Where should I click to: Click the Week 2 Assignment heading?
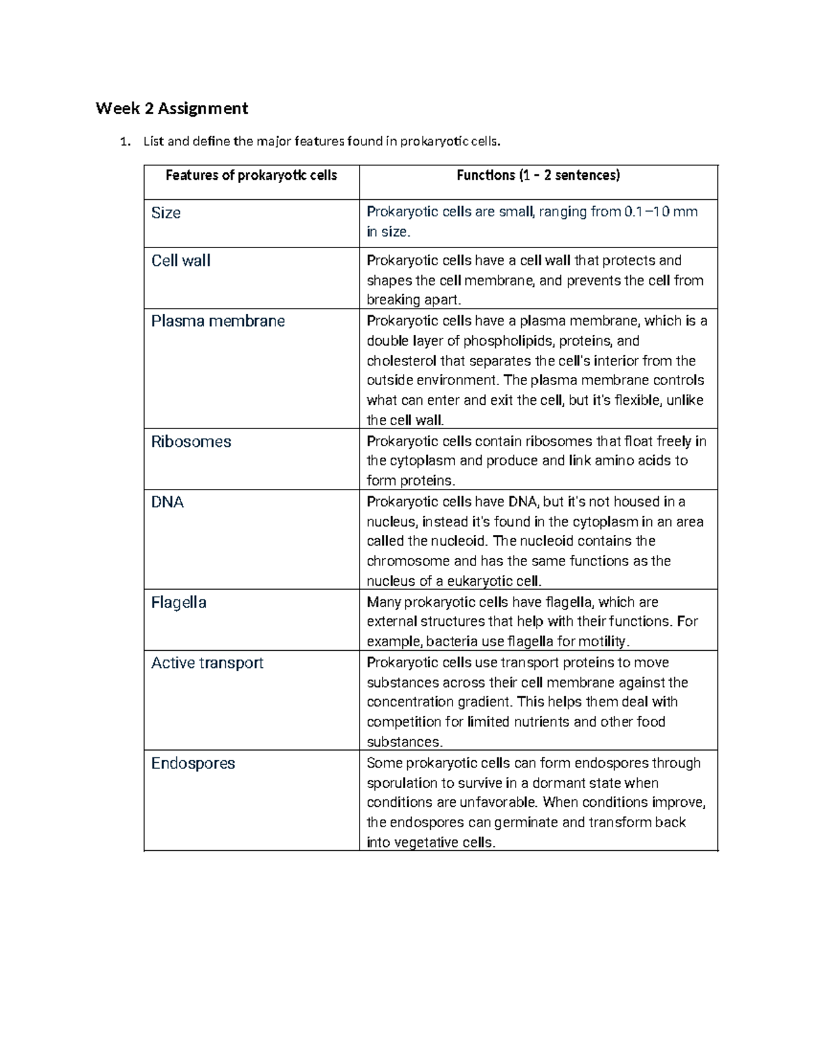coord(172,108)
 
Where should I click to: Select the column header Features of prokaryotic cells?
coord(251,176)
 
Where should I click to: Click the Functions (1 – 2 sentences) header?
coord(538,176)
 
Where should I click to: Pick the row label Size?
coord(166,213)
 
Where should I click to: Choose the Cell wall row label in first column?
coord(180,261)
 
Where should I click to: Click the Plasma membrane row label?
coord(218,321)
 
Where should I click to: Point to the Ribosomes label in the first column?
coord(191,442)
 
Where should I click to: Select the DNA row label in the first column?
coord(167,502)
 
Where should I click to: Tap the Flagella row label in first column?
coord(178,603)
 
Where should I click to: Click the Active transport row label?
coord(207,663)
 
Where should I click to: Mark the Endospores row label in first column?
coord(193,763)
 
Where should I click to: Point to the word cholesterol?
coord(402,361)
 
